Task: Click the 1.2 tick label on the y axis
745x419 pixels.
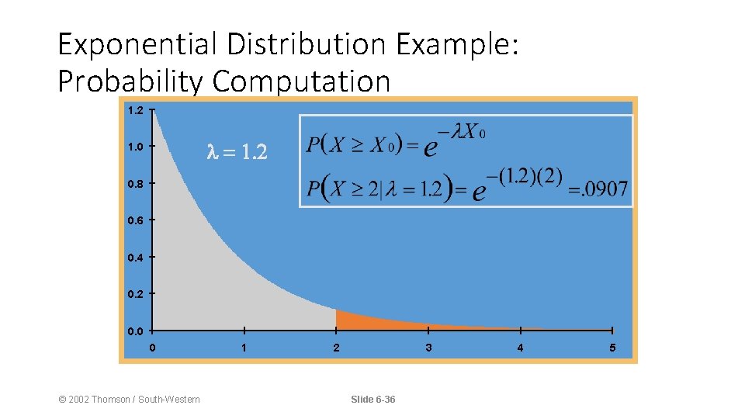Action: tap(135, 110)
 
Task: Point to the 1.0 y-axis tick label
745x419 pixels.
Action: tap(135, 146)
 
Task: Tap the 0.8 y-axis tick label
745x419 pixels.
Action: tap(135, 184)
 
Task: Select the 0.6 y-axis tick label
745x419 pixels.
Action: tap(135, 220)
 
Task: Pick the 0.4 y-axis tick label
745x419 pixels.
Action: tap(135, 258)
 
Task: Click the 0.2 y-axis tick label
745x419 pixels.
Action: tap(135, 294)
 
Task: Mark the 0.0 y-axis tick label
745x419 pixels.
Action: tap(135, 331)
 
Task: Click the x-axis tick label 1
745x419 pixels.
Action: tap(244, 348)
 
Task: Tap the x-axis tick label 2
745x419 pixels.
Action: tap(336, 348)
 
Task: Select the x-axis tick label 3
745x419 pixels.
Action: tap(428, 348)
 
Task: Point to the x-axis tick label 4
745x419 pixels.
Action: tap(520, 348)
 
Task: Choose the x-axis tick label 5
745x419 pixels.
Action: tap(612, 348)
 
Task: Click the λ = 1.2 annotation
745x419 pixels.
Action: tap(237, 153)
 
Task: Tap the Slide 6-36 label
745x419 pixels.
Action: tap(372, 400)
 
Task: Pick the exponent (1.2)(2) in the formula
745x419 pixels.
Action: tap(531, 176)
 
